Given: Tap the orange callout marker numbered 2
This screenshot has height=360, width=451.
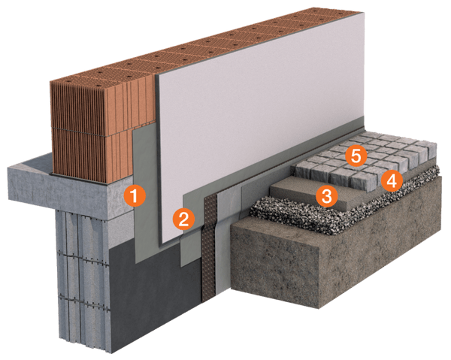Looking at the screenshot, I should coord(182,219).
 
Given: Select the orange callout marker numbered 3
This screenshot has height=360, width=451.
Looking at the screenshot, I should coord(324,196).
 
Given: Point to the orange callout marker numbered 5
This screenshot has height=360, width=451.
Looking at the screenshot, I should coord(355,156).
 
